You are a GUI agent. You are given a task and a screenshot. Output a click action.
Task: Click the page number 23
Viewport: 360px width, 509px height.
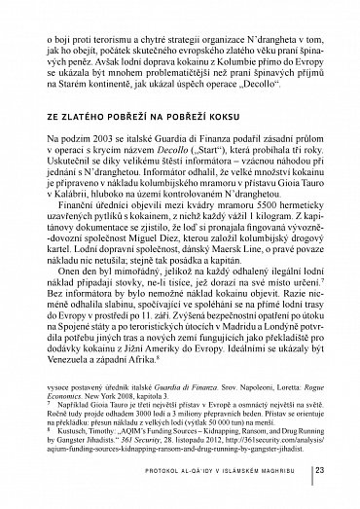click(x=332, y=473)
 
